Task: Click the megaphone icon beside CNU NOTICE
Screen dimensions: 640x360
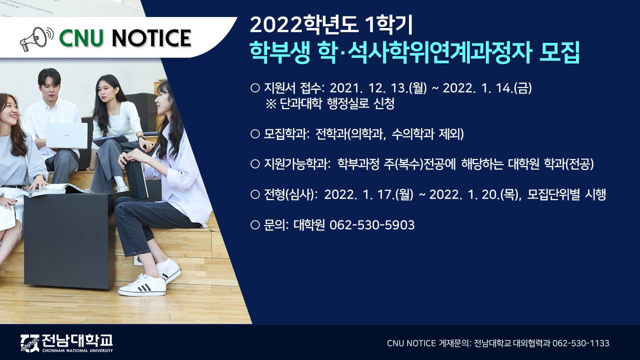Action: point(36,39)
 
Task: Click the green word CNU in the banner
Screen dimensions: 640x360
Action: point(81,38)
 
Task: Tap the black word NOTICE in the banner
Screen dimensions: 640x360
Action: point(151,38)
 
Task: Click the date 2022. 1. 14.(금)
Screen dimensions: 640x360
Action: point(487,88)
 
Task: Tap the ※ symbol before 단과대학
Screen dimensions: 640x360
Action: point(271,103)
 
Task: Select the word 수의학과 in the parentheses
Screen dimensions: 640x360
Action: point(412,134)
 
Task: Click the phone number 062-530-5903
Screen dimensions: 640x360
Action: point(372,225)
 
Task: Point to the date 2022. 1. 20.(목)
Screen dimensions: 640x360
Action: point(474,195)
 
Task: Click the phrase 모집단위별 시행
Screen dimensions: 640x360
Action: point(566,195)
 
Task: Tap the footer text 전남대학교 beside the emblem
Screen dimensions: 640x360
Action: point(77,340)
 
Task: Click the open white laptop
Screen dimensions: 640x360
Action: point(67,136)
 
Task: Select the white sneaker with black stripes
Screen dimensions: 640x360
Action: point(142,285)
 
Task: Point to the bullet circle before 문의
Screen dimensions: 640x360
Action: point(254,225)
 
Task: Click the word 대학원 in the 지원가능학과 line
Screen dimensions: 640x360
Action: point(523,164)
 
